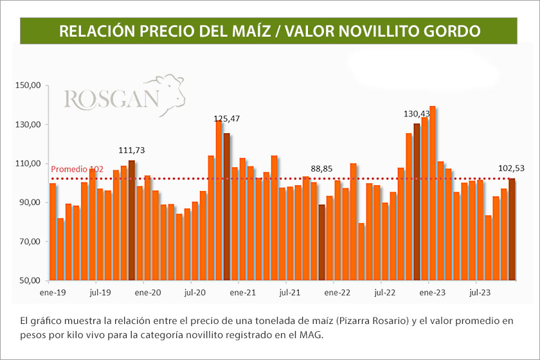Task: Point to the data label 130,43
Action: pyautogui.click(x=417, y=113)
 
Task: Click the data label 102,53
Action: pyautogui.click(x=512, y=168)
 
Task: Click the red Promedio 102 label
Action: pyautogui.click(x=77, y=169)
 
